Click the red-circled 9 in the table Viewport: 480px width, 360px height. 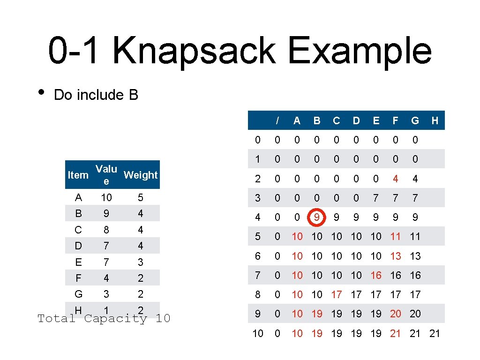point(317,217)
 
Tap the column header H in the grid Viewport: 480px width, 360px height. point(435,120)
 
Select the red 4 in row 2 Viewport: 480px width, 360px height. point(396,179)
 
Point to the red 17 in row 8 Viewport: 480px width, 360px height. point(337,294)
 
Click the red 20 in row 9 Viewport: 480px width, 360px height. point(396,314)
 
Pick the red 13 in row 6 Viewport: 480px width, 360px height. point(396,256)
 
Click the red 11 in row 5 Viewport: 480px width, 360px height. point(396,237)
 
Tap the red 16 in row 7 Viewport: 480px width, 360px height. point(376,275)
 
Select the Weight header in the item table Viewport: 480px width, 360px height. point(141,175)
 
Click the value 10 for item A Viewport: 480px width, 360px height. point(106,197)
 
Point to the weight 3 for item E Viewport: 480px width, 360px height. point(141,262)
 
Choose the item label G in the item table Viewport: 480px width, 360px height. point(78,294)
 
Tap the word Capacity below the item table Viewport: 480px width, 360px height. point(116,319)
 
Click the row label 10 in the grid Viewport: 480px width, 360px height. point(258,333)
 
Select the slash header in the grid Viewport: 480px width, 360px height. point(277,120)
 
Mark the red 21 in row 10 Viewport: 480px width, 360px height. point(396,333)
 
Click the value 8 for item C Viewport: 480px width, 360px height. point(106,230)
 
